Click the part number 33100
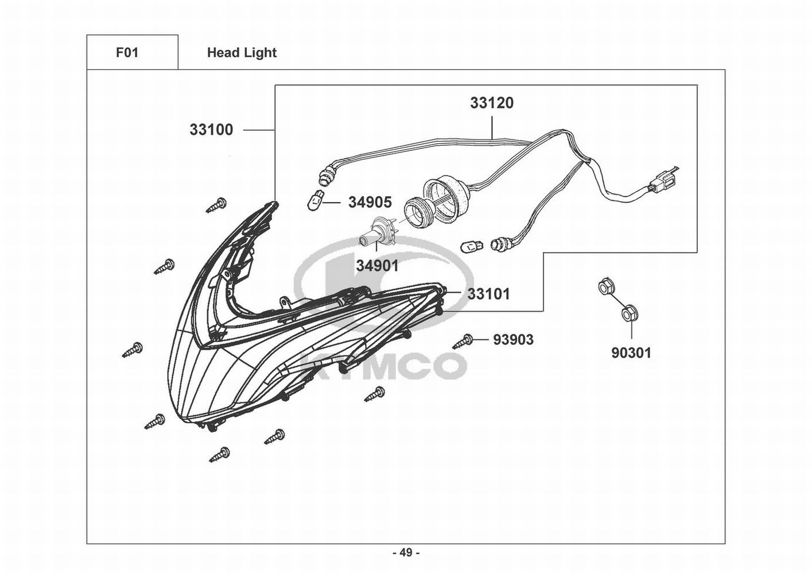point(211,130)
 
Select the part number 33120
point(492,103)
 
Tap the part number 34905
point(370,202)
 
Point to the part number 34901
point(376,266)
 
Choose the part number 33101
point(488,294)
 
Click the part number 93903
point(513,340)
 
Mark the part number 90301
point(631,352)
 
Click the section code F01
point(127,53)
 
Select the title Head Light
point(242,53)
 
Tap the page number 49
point(406,553)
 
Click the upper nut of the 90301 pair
point(604,287)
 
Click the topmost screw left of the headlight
point(217,204)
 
